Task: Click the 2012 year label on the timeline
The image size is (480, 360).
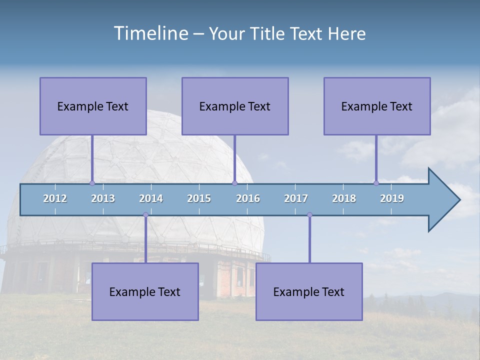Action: coord(55,198)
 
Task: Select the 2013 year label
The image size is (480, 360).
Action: coord(103,198)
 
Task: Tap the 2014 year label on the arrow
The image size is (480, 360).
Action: coord(151,198)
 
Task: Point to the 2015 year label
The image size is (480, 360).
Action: coord(199,198)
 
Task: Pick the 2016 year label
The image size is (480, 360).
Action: coord(248,198)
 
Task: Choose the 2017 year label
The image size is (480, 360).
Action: coord(296,198)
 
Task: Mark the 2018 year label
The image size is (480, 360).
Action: coord(344,198)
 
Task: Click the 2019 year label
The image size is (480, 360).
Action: coord(392,198)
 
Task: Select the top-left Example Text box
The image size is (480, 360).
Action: coord(93,106)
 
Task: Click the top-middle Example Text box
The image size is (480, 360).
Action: coord(235,106)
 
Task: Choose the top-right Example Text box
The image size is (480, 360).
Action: coord(377,106)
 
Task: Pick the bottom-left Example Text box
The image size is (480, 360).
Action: coord(145,291)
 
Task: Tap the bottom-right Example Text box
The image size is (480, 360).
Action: coord(309,291)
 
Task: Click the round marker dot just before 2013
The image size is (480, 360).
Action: coord(92,183)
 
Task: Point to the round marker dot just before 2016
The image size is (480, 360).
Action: coord(234,183)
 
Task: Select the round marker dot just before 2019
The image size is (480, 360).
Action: coord(376,183)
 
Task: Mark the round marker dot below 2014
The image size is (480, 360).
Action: coord(145,215)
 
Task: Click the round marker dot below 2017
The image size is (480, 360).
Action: coord(309,215)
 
